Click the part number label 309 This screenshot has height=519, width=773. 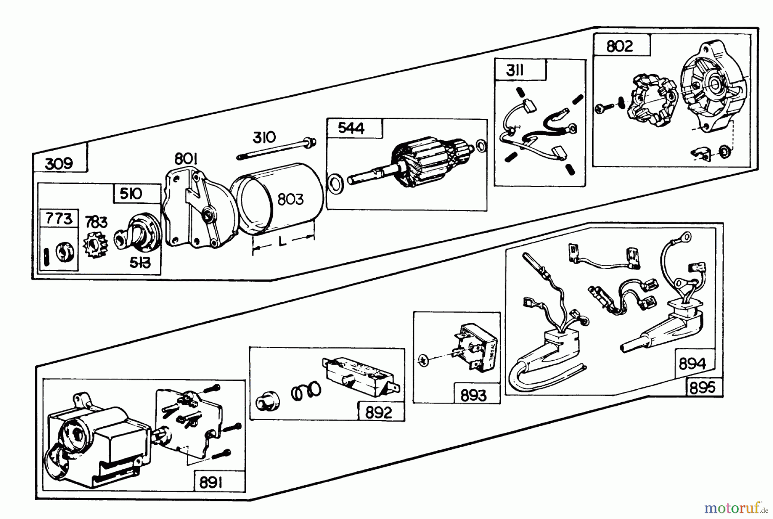tap(59, 163)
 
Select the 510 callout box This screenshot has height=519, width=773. tap(131, 194)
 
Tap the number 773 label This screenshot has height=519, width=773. tap(59, 219)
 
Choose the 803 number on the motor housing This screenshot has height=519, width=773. tap(290, 200)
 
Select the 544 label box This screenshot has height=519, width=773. tap(351, 128)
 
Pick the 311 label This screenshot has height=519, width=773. tap(515, 70)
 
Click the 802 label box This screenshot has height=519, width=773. tap(619, 46)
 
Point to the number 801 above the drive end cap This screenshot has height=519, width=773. tap(186, 159)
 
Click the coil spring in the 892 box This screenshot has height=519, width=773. tap(306, 391)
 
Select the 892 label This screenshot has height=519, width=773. tap(379, 413)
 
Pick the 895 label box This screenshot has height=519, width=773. tap(703, 388)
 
